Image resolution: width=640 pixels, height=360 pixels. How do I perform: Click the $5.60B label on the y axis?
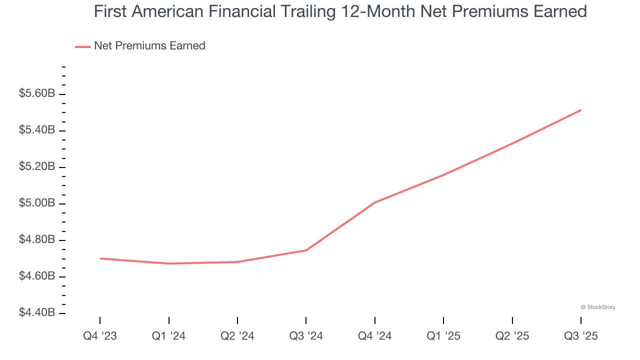37,93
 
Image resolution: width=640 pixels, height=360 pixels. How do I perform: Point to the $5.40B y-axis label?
37,130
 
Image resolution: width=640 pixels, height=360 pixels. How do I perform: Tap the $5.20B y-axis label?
37,166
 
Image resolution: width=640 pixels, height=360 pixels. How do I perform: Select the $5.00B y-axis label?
37,203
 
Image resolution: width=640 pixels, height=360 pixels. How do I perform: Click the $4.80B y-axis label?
37,239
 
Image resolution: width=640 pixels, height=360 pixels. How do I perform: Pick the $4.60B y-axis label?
37,276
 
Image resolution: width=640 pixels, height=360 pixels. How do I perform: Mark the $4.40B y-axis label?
37,312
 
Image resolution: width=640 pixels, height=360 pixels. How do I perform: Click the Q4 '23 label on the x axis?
100,336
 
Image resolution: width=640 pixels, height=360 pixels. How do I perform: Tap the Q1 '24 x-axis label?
168,336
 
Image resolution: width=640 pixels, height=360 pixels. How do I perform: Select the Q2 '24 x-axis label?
237,336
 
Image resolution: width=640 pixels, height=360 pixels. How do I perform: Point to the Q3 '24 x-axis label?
306,336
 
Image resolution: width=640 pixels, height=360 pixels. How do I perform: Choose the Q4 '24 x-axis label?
375,336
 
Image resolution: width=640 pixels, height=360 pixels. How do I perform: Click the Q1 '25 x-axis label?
443,336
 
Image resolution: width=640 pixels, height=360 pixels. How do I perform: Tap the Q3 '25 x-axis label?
581,336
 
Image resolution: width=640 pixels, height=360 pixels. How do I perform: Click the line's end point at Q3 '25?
580,110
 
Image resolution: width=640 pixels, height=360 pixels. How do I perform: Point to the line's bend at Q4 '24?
375,202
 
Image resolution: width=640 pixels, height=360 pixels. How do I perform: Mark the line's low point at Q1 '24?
168,263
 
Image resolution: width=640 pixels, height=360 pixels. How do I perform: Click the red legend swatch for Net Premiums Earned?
82,46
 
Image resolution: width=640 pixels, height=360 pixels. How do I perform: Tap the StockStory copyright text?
598,307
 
